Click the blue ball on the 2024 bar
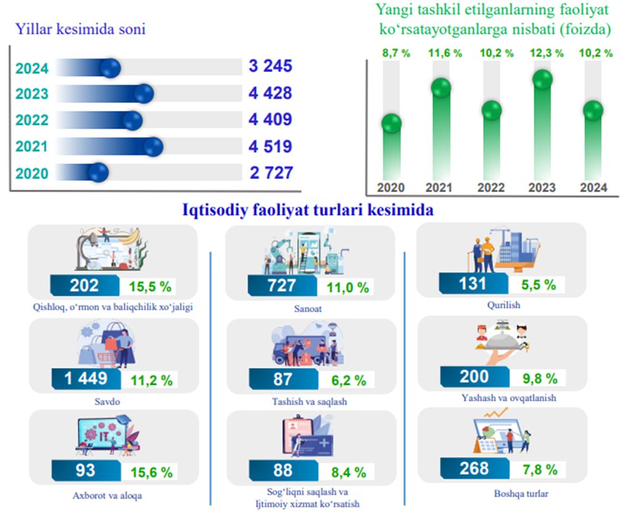coord(110,68)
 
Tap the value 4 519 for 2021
coord(270,147)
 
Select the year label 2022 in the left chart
coord(32,120)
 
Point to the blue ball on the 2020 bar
coord(98,172)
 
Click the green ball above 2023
coord(543,79)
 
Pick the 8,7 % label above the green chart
coord(396,53)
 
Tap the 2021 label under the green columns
coord(439,188)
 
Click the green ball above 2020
coord(391,124)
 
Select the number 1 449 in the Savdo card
coord(86,379)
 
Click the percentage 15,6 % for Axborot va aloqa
coord(151,472)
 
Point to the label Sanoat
coord(308,308)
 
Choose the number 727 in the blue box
coord(281,286)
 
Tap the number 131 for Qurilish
coord(473,284)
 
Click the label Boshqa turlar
coord(521,494)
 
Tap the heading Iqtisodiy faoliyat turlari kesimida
coord(308,211)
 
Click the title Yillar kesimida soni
coord(80,29)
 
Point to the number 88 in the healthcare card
coord(282,470)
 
